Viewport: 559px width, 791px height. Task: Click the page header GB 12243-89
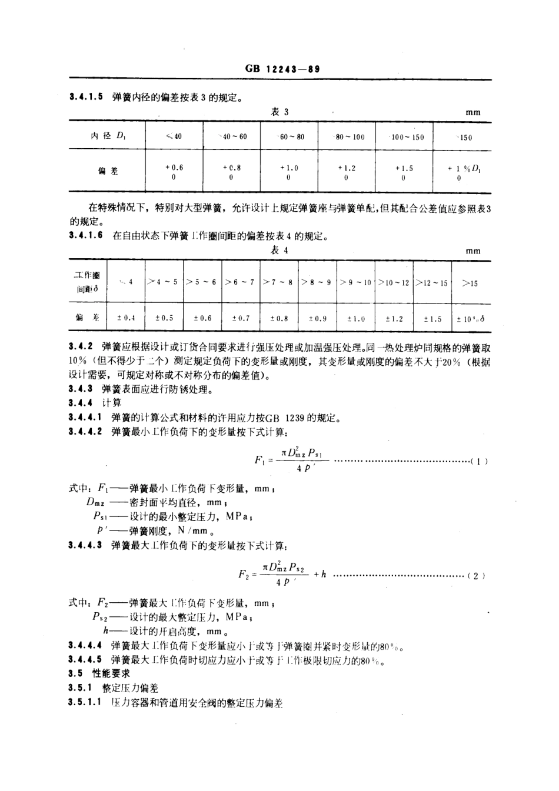[281, 69]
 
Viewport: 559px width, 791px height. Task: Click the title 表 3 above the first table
[279, 112]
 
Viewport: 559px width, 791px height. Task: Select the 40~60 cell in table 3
[232, 137]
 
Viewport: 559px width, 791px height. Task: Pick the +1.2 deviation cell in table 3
[347, 172]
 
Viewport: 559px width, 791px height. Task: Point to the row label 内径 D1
[108, 136]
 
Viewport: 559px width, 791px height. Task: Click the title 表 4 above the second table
[279, 251]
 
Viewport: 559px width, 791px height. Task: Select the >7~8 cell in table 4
[278, 282]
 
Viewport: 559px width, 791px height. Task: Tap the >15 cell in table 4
[470, 283]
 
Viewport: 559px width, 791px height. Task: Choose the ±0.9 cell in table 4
[317, 318]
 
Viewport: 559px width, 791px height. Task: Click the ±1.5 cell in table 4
[432, 319]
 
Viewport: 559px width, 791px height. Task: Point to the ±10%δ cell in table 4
[471, 319]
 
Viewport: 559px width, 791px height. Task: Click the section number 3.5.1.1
[86, 703]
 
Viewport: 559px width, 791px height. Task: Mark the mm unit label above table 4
[473, 251]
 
